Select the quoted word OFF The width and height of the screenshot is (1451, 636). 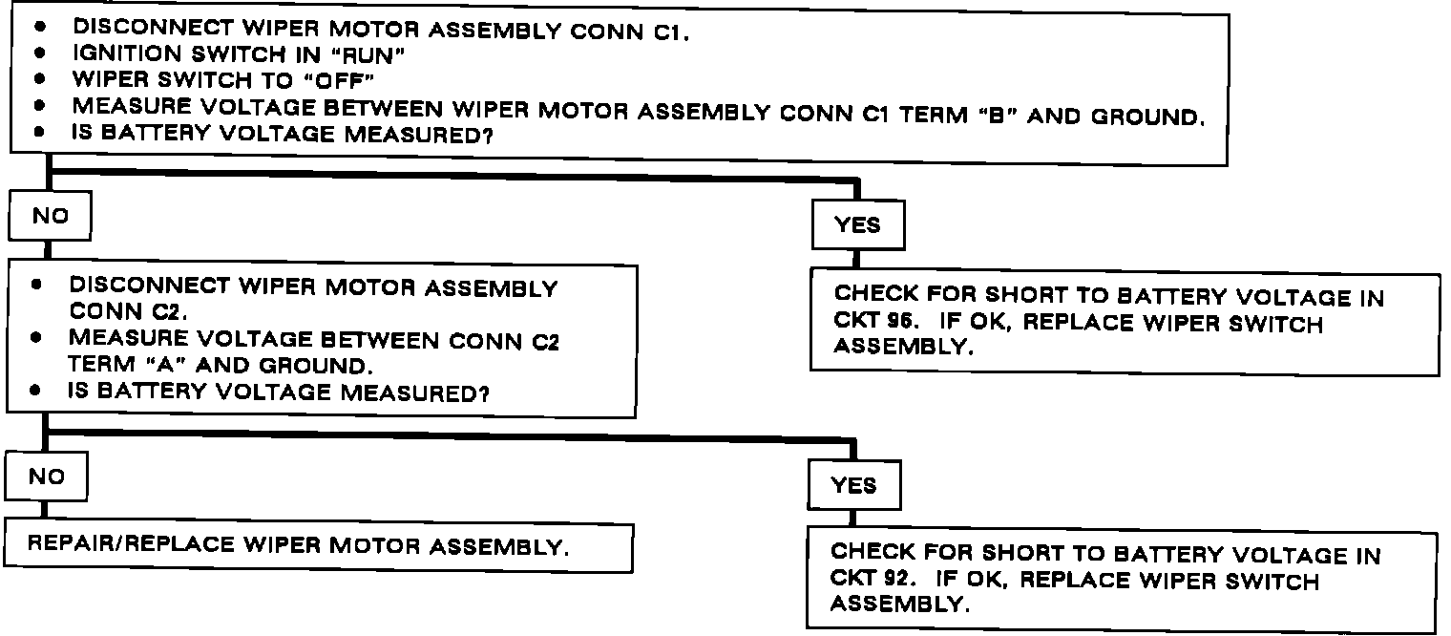[336, 81]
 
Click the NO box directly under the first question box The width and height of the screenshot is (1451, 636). [51, 217]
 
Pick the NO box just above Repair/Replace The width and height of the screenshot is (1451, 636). [47, 476]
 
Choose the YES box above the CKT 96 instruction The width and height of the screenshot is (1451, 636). [856, 225]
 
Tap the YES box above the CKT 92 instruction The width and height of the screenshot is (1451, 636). [853, 485]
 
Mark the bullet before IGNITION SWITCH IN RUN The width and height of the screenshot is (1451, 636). [40, 55]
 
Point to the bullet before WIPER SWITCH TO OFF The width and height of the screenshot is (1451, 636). [40, 81]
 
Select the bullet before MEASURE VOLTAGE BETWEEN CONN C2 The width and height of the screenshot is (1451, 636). [36, 339]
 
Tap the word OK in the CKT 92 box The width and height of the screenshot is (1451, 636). [987, 580]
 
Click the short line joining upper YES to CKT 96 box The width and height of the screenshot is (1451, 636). [856, 260]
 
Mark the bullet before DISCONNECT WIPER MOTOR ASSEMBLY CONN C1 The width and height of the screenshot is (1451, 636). [40, 30]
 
